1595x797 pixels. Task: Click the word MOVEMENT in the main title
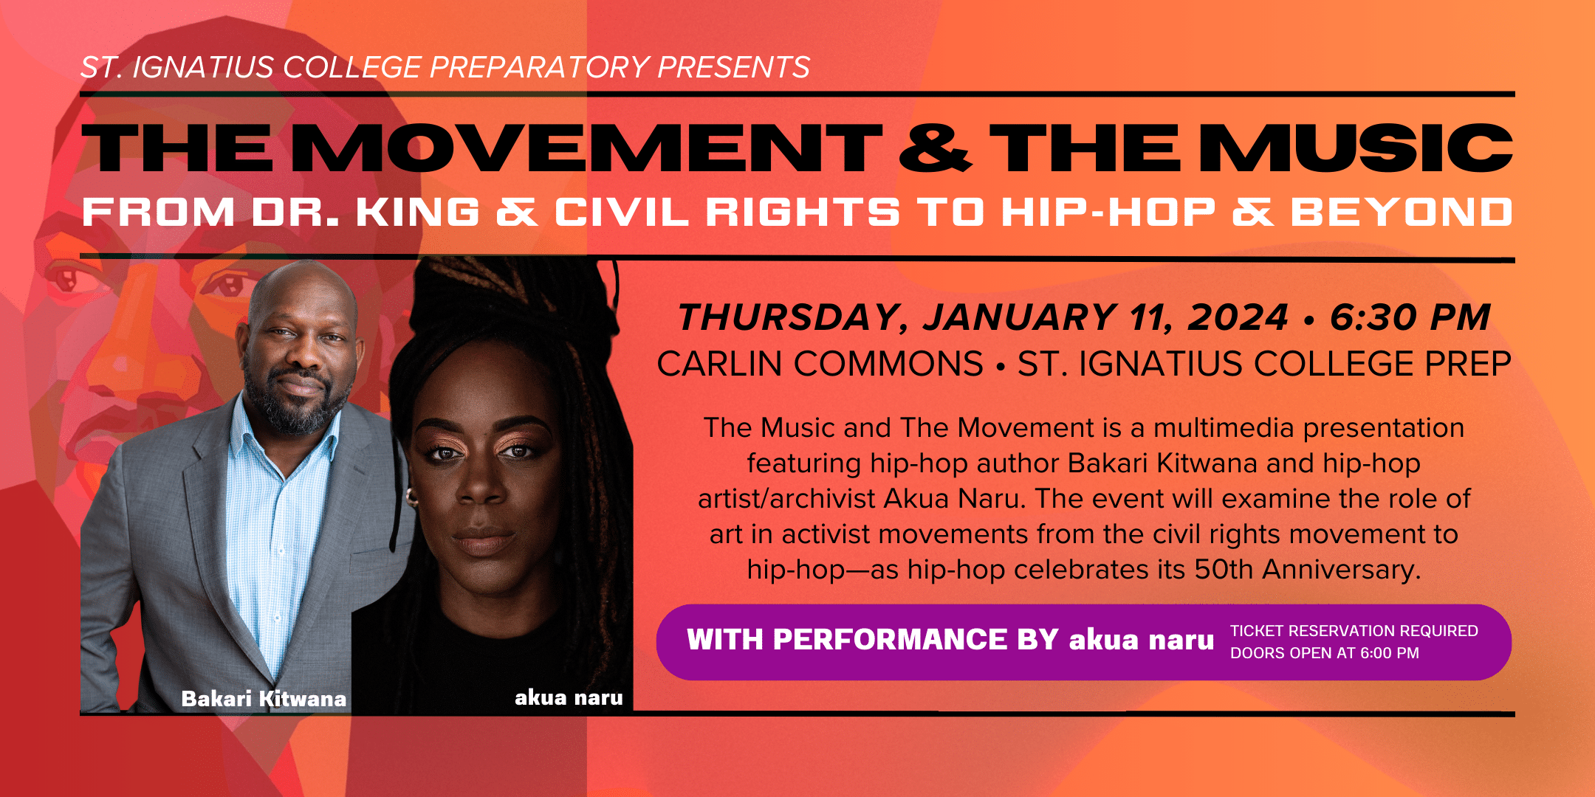pos(588,148)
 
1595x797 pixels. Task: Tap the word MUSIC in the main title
pos(1356,148)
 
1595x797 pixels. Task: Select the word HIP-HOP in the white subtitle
pos(1108,213)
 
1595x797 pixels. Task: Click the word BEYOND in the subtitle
pos(1402,213)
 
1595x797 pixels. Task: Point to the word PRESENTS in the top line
pos(733,67)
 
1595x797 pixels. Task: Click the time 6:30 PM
pos(1410,317)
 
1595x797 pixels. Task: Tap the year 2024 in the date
pos(1238,317)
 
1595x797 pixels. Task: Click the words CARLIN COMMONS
pos(820,364)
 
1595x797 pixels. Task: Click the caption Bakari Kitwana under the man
pos(264,698)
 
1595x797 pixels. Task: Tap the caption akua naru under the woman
pos(569,697)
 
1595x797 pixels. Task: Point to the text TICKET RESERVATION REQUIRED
pos(1354,631)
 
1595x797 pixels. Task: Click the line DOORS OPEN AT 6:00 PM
pos(1325,653)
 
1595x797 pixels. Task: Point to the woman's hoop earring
pos(411,497)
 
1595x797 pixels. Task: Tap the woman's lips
pos(484,541)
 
